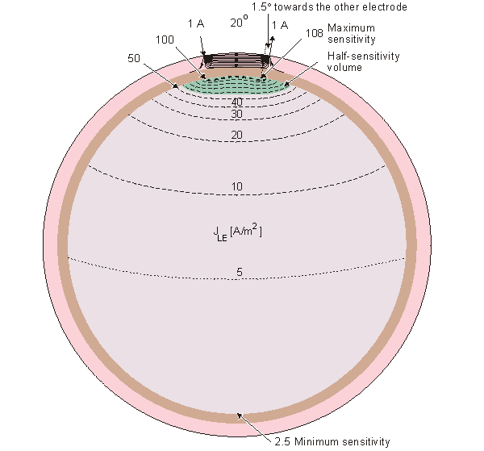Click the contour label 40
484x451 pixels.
pyautogui.click(x=236, y=102)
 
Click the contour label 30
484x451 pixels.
pyautogui.click(x=236, y=114)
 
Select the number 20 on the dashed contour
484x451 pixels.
pyautogui.click(x=236, y=135)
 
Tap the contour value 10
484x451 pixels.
pyautogui.click(x=236, y=187)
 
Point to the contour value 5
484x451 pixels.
pyautogui.click(x=239, y=273)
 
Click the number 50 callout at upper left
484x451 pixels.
pyautogui.click(x=135, y=58)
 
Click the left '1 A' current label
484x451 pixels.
pyautogui.click(x=196, y=25)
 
